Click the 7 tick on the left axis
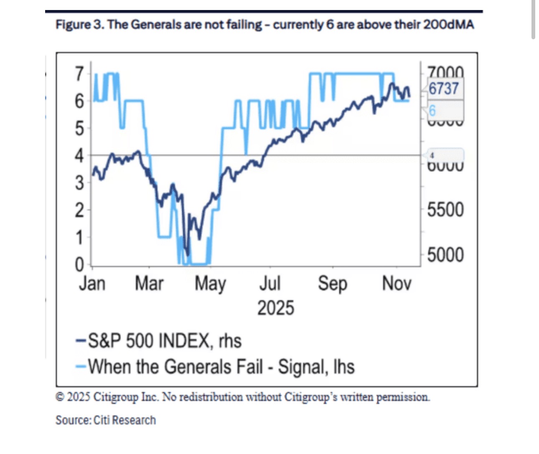79,74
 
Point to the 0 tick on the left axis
79,264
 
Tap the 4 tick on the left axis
79,156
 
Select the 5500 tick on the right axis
445,210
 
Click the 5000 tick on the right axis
445,255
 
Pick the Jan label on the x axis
92,284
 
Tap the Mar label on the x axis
149,284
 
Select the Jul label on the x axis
270,284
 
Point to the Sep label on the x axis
333,284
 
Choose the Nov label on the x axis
397,284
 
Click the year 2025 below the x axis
276,308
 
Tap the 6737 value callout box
444,89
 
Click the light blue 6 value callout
432,111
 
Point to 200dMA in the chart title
448,25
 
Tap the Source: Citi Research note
106,420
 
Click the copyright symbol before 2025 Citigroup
60,397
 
